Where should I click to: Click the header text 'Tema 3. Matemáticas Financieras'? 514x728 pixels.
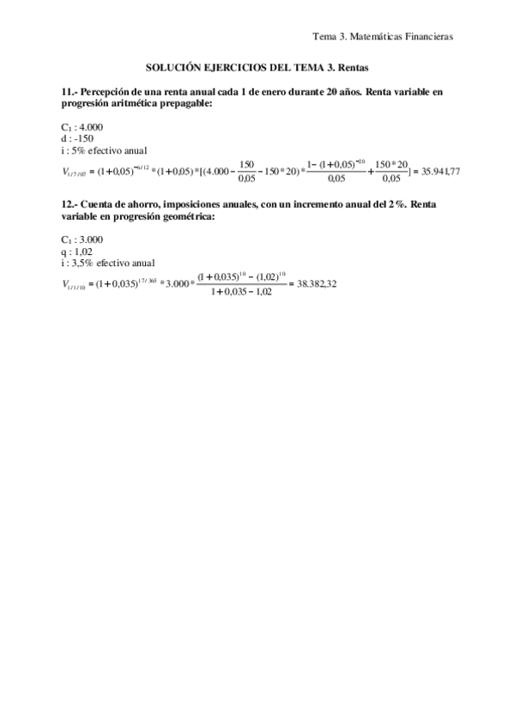[x=383, y=36]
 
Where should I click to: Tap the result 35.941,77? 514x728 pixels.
[x=442, y=171]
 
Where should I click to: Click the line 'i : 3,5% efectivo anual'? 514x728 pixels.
[x=109, y=264]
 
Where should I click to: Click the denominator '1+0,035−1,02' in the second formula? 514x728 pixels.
[x=234, y=292]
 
